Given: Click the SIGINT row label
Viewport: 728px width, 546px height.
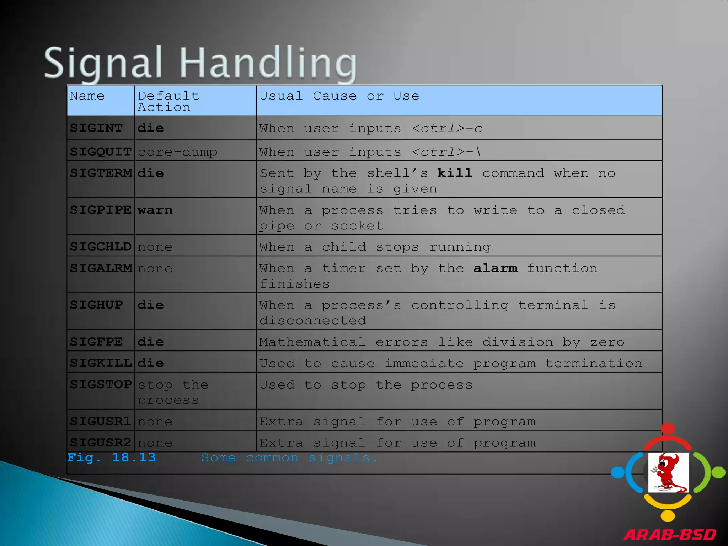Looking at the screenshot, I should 96,128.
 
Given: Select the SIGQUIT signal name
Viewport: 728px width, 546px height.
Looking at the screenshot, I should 101,152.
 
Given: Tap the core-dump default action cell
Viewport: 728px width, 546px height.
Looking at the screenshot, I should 177,152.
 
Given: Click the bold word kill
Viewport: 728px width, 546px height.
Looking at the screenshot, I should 455,173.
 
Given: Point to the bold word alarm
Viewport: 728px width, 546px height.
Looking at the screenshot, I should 495,268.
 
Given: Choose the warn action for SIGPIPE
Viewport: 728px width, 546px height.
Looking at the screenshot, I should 155,210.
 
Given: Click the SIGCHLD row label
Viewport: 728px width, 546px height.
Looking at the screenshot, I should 101,247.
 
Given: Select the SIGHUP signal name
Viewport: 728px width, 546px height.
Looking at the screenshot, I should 96,305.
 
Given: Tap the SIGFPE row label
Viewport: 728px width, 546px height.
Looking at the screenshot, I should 96,342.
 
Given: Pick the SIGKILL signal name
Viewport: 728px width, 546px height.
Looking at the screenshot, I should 101,363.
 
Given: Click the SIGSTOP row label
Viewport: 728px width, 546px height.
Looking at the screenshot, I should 101,384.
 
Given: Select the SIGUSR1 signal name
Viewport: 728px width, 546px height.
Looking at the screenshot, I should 101,421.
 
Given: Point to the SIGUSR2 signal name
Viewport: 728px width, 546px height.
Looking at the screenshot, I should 101,443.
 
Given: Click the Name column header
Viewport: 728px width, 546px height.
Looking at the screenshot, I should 87,96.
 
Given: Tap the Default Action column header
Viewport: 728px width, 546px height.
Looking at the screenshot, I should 168,101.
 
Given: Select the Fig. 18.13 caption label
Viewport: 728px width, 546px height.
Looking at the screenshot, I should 112,457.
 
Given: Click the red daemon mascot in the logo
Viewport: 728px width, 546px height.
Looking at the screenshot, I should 668,472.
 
